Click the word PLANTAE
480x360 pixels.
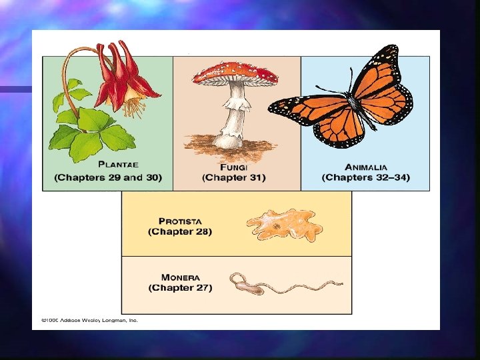(x=118, y=165)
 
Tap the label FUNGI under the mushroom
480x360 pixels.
(x=233, y=167)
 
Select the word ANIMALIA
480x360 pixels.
(x=366, y=167)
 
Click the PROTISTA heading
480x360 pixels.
(x=180, y=221)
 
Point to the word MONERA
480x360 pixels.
(x=180, y=277)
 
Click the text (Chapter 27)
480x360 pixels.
(x=180, y=288)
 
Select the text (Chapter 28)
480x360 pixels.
(x=180, y=232)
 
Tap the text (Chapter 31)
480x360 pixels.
(x=233, y=177)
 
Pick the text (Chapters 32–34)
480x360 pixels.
(x=366, y=177)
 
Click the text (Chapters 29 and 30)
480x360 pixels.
(x=108, y=177)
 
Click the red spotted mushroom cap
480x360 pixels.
(x=235, y=73)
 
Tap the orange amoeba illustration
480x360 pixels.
(x=284, y=225)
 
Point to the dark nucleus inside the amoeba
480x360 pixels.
(x=277, y=227)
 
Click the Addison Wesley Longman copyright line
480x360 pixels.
(x=89, y=320)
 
